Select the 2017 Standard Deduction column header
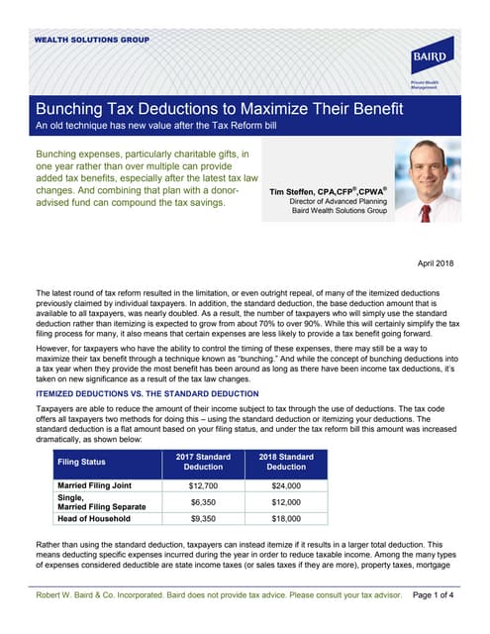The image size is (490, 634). tap(203, 461)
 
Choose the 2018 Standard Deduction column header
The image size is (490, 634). tap(286, 461)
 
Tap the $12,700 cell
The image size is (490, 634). tap(203, 486)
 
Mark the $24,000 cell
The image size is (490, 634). tap(286, 486)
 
